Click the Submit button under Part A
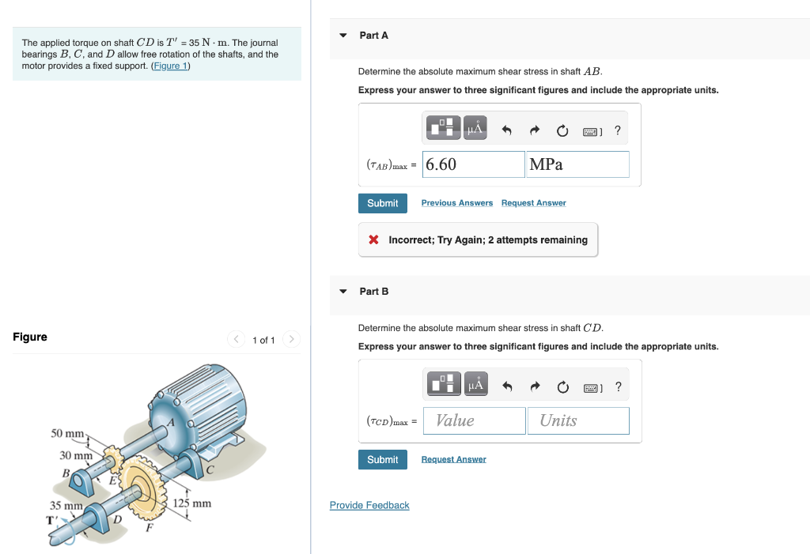(x=383, y=203)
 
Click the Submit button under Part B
(x=383, y=460)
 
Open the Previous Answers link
(x=456, y=203)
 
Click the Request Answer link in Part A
(x=533, y=203)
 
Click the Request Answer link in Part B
(x=453, y=460)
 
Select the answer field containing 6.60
(x=474, y=164)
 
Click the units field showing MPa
(x=577, y=164)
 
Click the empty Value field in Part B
(x=474, y=420)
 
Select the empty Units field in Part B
(x=577, y=420)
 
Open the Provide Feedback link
(x=369, y=506)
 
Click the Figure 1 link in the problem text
(x=170, y=66)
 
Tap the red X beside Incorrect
(x=373, y=240)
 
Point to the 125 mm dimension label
(x=192, y=503)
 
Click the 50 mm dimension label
(x=67, y=434)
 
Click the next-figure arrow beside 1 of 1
(x=291, y=340)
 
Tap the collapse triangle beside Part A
(x=343, y=36)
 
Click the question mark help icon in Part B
(x=618, y=386)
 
